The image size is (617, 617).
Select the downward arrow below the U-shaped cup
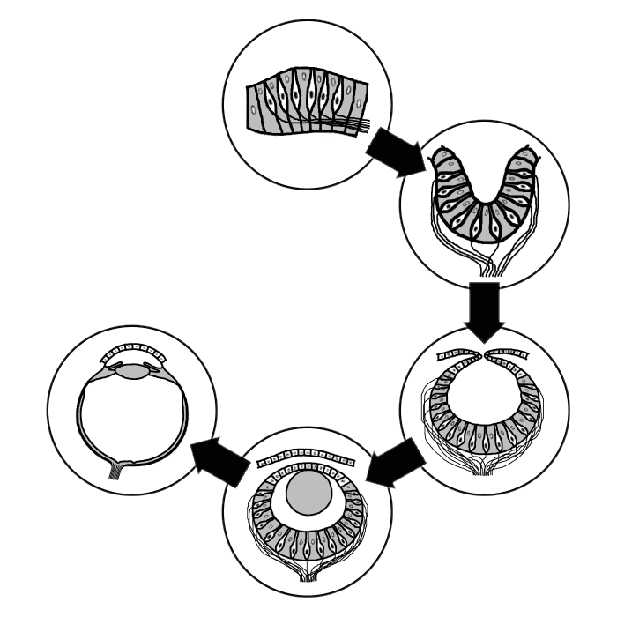484,311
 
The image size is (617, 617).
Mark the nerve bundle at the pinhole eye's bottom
483,467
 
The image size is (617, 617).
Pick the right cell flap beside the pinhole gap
510,355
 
